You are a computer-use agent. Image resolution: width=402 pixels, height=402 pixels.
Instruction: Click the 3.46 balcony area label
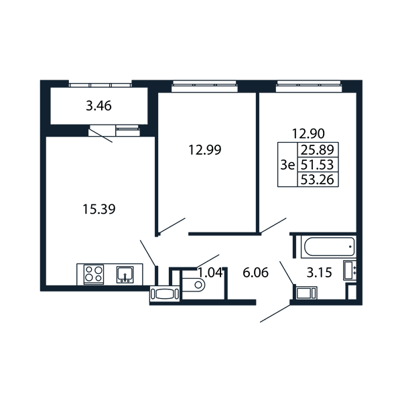pos(98,106)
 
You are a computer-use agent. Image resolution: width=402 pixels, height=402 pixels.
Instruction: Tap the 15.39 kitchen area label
pos(99,209)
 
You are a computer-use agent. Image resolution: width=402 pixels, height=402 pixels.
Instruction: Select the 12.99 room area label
pos(204,149)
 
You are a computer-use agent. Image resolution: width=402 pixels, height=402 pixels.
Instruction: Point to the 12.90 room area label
pos(308,133)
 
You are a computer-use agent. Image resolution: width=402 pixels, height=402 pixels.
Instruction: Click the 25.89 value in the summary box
pos(318,149)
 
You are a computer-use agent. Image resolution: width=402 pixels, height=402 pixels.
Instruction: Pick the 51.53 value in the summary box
pos(317,165)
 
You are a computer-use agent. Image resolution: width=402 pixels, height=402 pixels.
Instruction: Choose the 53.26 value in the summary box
pos(317,180)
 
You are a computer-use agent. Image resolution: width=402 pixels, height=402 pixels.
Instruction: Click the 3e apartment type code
pos(287,165)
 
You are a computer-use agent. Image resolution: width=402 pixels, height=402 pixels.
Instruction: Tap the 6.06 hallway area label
pos(256,273)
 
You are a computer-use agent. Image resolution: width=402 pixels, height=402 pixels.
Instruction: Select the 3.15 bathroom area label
pos(319,273)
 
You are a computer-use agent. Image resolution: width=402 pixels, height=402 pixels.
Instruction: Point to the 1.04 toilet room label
pos(210,273)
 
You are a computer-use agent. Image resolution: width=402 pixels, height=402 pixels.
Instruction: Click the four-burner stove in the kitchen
pos(94,274)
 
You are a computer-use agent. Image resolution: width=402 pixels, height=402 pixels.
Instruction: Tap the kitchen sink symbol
pos(125,275)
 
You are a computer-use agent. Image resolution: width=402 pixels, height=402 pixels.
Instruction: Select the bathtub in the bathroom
pos(328,247)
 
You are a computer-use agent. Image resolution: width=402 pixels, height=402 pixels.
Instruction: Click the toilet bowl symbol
pos(194,285)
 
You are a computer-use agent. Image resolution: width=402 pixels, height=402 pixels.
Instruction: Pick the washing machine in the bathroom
pos(307,293)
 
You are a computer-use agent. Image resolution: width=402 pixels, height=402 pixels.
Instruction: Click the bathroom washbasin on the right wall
pos(350,270)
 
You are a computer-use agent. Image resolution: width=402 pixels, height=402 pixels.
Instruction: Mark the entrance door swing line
pos(275,314)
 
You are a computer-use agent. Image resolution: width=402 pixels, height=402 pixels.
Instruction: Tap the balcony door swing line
pos(100,135)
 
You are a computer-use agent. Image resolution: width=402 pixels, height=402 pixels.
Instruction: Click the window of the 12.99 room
pos(204,86)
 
